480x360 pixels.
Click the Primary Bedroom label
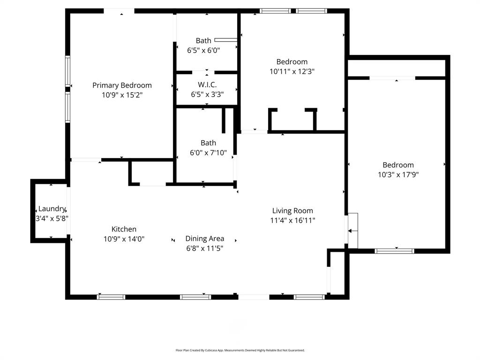tap(122, 85)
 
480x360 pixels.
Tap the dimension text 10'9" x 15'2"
tap(122, 95)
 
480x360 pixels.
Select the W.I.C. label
tap(207, 85)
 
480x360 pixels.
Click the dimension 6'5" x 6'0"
tap(203, 50)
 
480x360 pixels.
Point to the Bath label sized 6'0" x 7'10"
tap(208, 143)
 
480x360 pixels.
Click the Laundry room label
tap(52, 209)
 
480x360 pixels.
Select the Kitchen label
tap(124, 229)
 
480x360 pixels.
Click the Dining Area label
tap(204, 239)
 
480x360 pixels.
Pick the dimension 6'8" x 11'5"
tap(204, 248)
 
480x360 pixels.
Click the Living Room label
tap(292, 211)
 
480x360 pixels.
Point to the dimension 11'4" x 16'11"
tap(292, 220)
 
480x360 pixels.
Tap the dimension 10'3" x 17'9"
tap(398, 175)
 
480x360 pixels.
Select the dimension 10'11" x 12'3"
tap(292, 72)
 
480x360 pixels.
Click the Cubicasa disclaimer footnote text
tap(240, 350)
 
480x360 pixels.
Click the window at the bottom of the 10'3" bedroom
tap(395, 251)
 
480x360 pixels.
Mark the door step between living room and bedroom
tap(352, 230)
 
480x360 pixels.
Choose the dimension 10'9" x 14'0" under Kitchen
tap(124, 239)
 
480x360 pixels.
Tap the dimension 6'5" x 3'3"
tap(207, 95)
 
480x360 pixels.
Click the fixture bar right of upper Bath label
tap(226, 40)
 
